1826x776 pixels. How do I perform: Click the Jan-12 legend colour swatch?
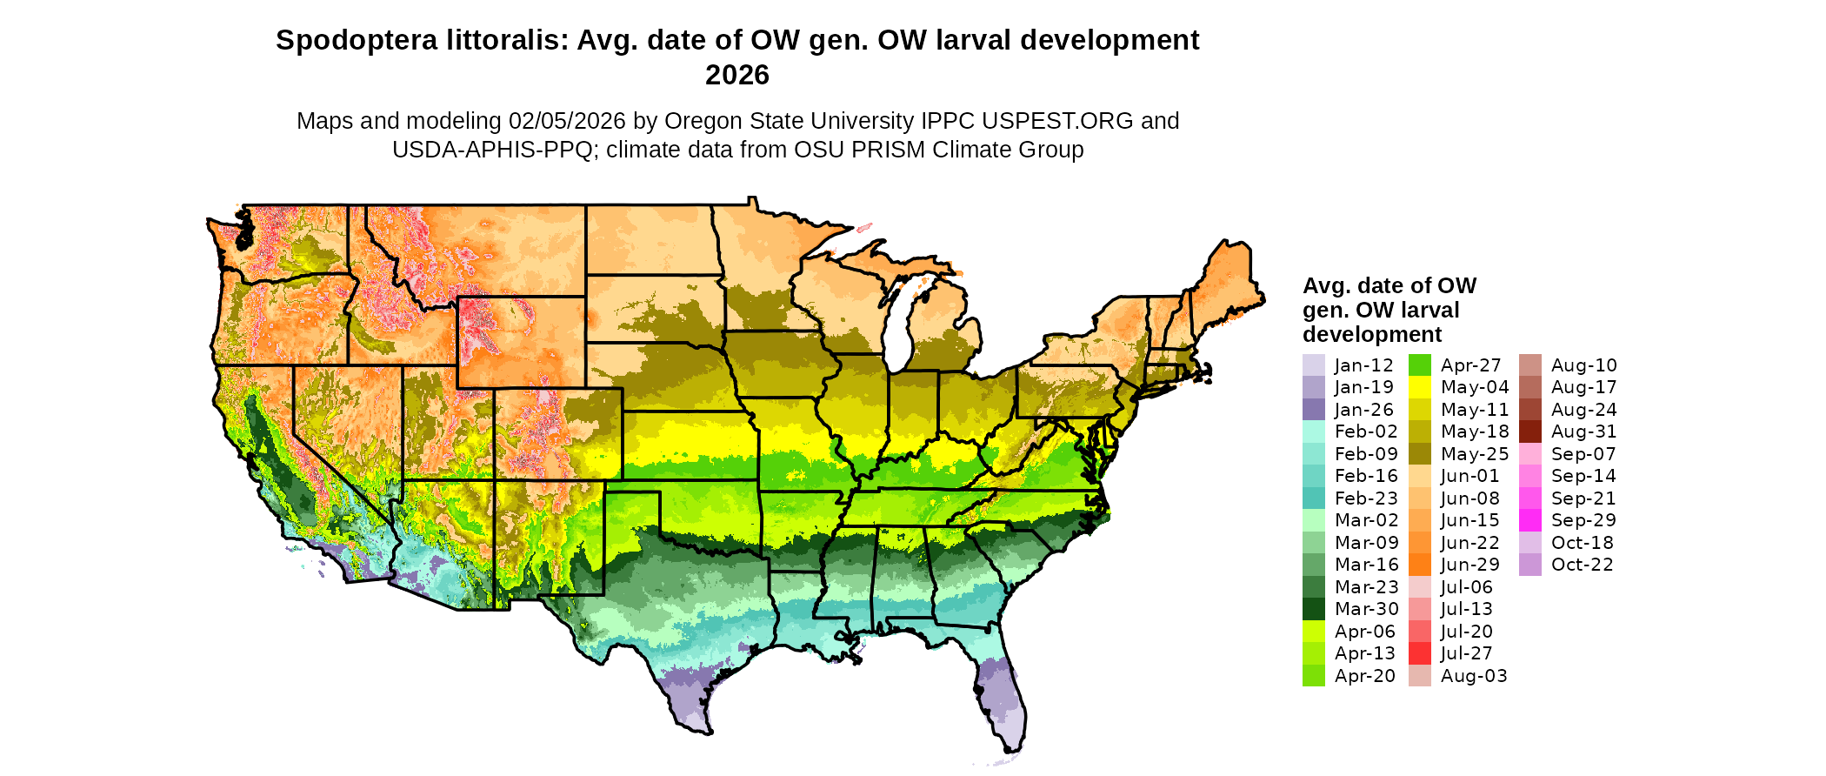(1313, 365)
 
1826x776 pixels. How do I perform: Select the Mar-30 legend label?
(1366, 609)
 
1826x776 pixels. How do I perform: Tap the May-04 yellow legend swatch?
(1419, 387)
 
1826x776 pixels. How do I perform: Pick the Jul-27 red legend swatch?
(1419, 653)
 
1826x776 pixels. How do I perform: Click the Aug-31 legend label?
(1583, 431)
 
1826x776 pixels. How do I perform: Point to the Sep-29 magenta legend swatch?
(1529, 520)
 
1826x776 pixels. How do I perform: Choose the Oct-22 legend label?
(1582, 565)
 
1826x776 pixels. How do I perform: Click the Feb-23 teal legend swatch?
(1313, 498)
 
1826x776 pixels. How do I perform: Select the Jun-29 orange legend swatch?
(1419, 565)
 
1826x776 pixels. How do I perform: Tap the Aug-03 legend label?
(1474, 676)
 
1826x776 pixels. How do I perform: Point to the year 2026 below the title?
(737, 76)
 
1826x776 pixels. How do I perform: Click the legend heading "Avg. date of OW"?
(1389, 286)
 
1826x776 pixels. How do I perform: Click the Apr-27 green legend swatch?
(1419, 365)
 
